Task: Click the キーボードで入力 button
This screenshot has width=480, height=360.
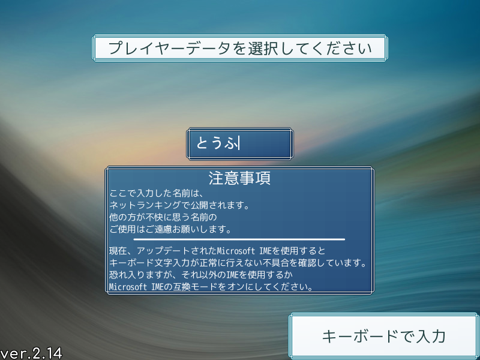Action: coord(384,336)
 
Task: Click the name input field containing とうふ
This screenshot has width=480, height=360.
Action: coord(240,144)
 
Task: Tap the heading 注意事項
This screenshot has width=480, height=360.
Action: coord(239,178)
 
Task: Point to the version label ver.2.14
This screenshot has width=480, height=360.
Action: coord(31,353)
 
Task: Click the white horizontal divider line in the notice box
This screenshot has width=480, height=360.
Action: coord(239,239)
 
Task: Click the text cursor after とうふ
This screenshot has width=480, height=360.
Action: coord(239,143)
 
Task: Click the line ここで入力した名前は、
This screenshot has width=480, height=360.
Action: coord(156,193)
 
